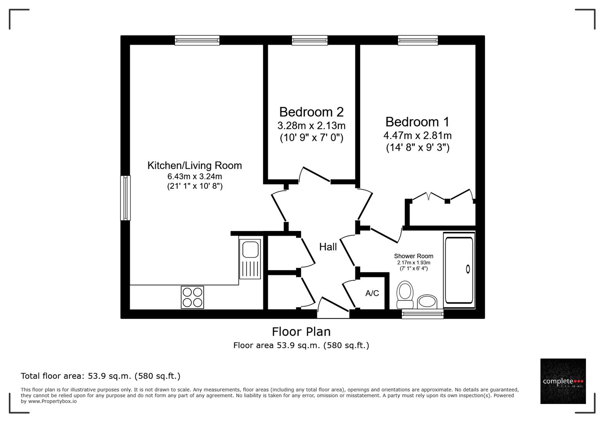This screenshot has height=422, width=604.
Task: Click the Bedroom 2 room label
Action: click(311, 112)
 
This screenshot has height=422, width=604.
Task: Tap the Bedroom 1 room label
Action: click(417, 122)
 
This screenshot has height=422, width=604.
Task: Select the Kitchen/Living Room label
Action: click(194, 165)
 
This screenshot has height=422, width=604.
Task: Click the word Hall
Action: click(328, 247)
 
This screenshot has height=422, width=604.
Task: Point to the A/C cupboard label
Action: click(372, 293)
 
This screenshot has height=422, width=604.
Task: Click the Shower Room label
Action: click(413, 256)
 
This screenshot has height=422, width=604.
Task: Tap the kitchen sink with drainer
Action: click(250, 258)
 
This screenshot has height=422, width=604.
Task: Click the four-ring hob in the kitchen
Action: click(192, 297)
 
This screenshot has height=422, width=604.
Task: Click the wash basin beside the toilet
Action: click(427, 302)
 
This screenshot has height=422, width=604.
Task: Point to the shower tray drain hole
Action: click(468, 269)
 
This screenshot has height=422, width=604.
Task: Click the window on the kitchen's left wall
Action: click(125, 198)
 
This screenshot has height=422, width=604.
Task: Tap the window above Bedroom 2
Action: click(309, 40)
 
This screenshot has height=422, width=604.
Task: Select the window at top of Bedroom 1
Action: click(418, 40)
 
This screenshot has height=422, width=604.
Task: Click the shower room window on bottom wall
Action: click(422, 314)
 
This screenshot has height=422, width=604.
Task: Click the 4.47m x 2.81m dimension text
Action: click(417, 136)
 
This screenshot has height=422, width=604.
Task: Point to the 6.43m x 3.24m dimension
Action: click(194, 177)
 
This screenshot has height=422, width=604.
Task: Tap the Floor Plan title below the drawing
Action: click(301, 332)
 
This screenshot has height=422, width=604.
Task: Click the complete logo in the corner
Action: click(563, 381)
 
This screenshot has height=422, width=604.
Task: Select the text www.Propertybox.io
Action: click(52, 401)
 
